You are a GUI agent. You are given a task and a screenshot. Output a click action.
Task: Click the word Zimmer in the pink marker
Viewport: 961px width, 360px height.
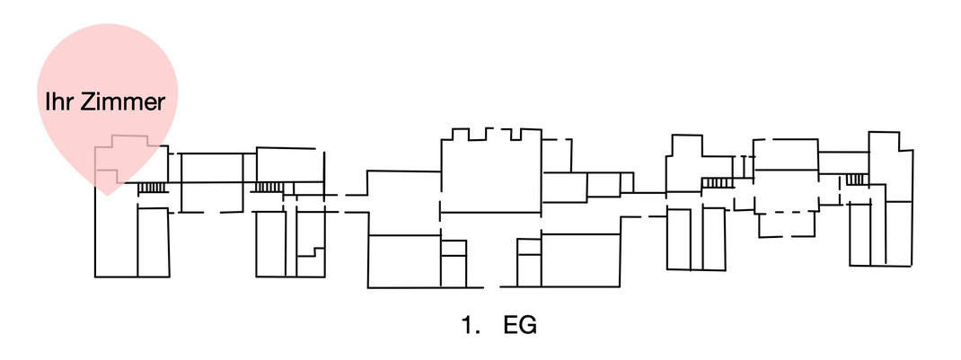pos(123,102)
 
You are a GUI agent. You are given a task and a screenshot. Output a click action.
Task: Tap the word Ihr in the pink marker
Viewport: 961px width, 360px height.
pos(60,102)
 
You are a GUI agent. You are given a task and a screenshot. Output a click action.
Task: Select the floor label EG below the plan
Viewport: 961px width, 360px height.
pos(520,326)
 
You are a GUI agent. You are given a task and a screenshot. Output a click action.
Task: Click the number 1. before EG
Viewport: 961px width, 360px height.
pos(471,326)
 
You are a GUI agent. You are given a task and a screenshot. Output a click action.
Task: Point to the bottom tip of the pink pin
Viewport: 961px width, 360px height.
pos(107,196)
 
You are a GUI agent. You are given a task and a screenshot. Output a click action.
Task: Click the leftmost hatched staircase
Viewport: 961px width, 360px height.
pos(152,188)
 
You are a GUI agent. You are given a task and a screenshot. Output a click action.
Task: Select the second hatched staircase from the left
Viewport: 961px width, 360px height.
pos(268,188)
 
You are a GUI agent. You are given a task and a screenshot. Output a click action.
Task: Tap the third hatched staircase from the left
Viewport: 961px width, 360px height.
pos(717,182)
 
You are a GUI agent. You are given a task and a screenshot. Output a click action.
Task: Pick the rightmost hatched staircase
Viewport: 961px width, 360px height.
pos(857,179)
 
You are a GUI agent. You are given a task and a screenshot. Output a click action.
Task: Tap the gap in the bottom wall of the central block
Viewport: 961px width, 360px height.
pos(491,286)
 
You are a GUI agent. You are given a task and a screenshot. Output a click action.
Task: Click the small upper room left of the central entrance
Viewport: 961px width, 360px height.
pos(454,248)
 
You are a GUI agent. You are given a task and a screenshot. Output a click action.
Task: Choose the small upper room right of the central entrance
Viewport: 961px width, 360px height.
pos(529,246)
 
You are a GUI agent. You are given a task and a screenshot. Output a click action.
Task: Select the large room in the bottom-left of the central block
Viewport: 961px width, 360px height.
pos(404,261)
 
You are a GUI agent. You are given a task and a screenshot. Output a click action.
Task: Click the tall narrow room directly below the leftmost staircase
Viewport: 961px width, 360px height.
pos(154,242)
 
